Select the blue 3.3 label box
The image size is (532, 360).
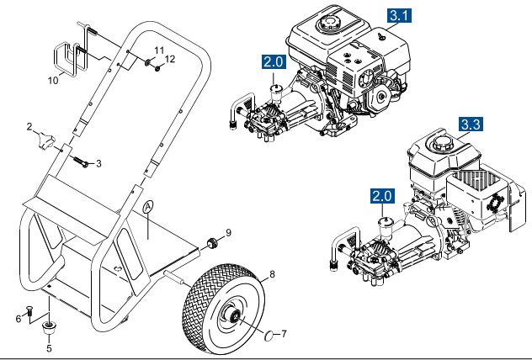[x=471, y=124]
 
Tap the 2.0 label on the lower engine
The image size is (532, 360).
[x=381, y=197]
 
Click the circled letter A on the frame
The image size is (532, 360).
[x=149, y=206]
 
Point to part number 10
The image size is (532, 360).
[x=53, y=82]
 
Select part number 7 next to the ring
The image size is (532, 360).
[x=285, y=334]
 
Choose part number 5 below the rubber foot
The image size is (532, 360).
[x=48, y=346]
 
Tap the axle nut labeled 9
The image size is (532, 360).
[x=212, y=244]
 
